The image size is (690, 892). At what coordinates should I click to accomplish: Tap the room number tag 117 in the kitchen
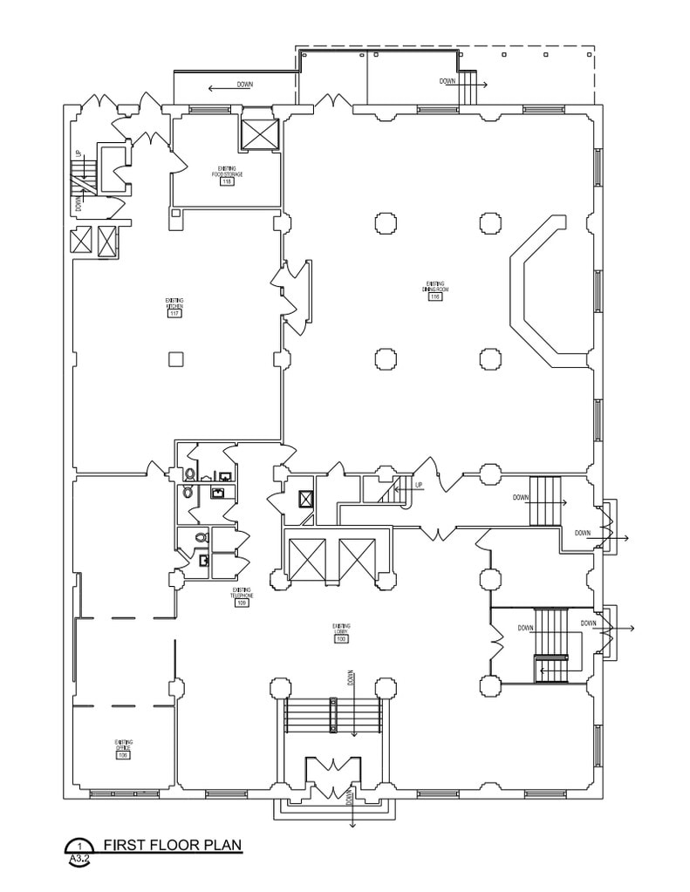[x=174, y=314]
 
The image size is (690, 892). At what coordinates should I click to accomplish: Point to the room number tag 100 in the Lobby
[x=341, y=639]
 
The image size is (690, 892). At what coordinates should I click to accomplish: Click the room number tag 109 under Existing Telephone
[x=242, y=603]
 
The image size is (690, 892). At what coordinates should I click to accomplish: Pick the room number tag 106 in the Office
[x=124, y=756]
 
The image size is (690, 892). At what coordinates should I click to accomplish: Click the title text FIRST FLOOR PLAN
[x=171, y=845]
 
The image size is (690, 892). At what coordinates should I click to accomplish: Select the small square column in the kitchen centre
[x=175, y=359]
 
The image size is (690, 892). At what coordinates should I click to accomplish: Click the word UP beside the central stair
[x=419, y=486]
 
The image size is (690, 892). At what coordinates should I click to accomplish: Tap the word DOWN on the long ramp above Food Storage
[x=245, y=85]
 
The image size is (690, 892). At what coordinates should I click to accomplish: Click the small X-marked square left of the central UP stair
[x=306, y=499]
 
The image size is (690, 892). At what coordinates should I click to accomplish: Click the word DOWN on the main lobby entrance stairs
[x=352, y=678]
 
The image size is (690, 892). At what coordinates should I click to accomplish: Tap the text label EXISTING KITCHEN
[x=174, y=303]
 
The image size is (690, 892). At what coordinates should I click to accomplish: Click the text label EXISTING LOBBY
[x=341, y=629]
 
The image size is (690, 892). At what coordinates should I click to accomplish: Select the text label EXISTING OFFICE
[x=124, y=746]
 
